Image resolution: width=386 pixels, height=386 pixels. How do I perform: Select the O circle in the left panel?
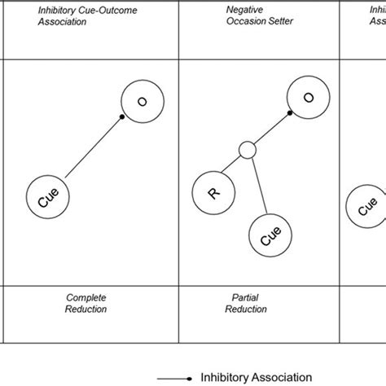point(141,102)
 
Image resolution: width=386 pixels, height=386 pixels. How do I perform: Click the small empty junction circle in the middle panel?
point(248,150)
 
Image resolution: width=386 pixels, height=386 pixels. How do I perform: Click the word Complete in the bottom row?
point(85,298)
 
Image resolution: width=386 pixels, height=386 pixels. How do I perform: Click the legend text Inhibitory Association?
point(257,377)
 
